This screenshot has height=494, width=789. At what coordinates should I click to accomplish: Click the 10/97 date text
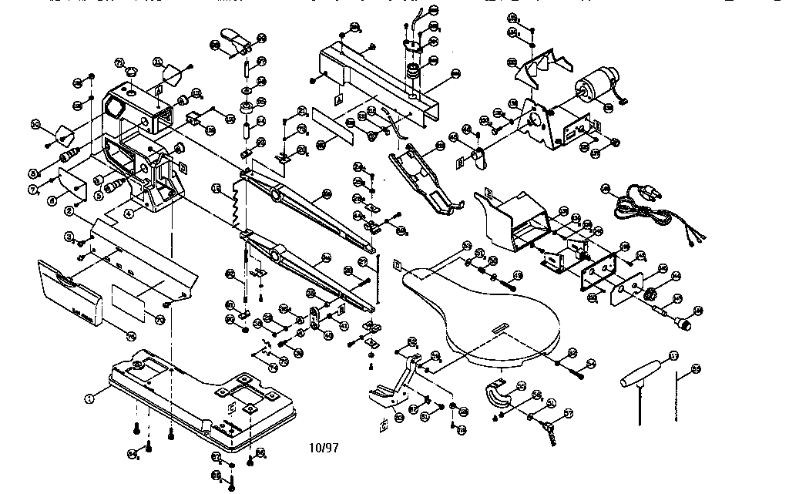click(324, 447)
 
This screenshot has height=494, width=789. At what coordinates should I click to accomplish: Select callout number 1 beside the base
click(89, 398)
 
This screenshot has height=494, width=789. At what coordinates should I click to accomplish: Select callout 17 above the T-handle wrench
click(673, 356)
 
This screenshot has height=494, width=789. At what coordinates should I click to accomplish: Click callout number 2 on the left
click(69, 210)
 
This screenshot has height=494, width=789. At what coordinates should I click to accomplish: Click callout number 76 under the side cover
click(130, 335)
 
